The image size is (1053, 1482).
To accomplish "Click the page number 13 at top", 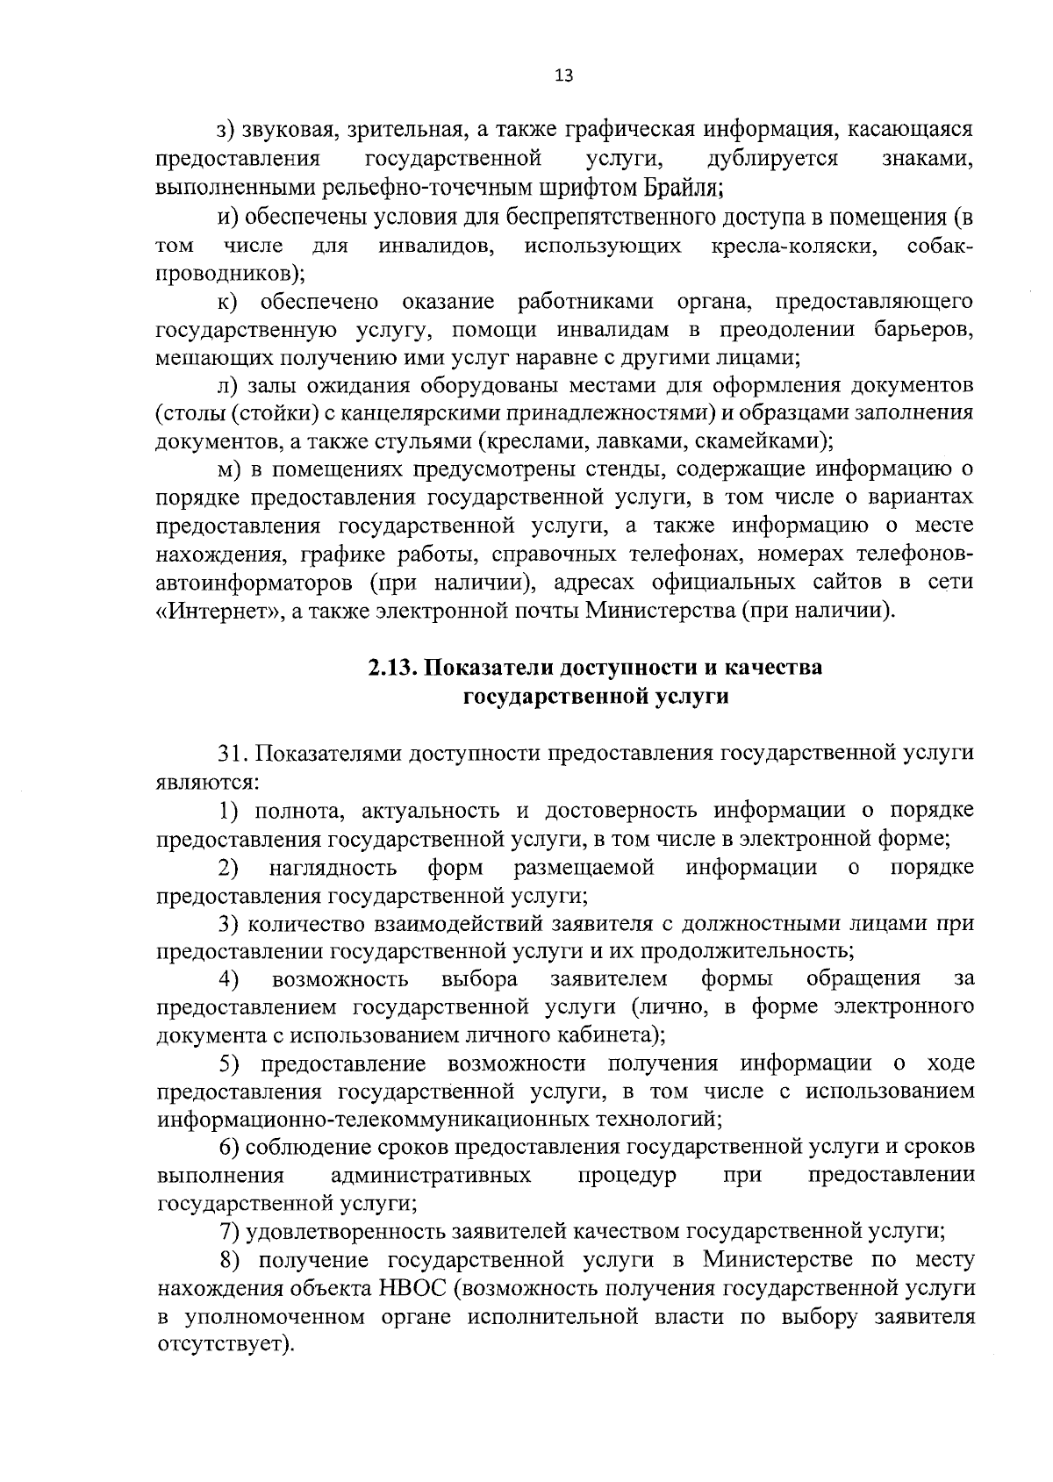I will coord(563,76).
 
